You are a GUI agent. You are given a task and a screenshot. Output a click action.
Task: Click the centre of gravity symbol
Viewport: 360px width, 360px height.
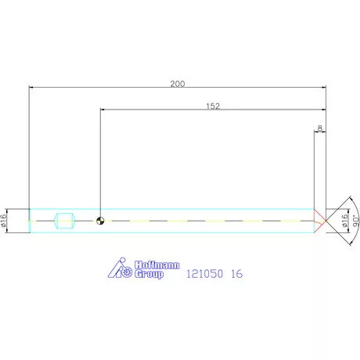coord(100,221)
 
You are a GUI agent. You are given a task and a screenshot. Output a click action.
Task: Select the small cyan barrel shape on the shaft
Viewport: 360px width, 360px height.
coord(63,221)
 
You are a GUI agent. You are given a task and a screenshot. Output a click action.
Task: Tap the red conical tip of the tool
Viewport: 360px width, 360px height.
coord(319,221)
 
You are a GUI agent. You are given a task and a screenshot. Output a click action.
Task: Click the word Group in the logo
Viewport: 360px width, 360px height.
coord(149,275)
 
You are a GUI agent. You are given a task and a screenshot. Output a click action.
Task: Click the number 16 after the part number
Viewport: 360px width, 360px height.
coord(236,275)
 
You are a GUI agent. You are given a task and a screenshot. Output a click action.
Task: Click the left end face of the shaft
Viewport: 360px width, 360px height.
coord(30,221)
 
